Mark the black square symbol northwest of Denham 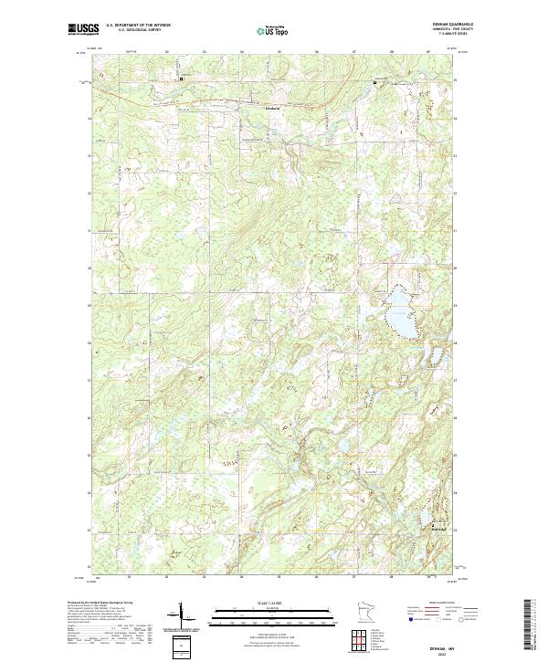click(x=181, y=79)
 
